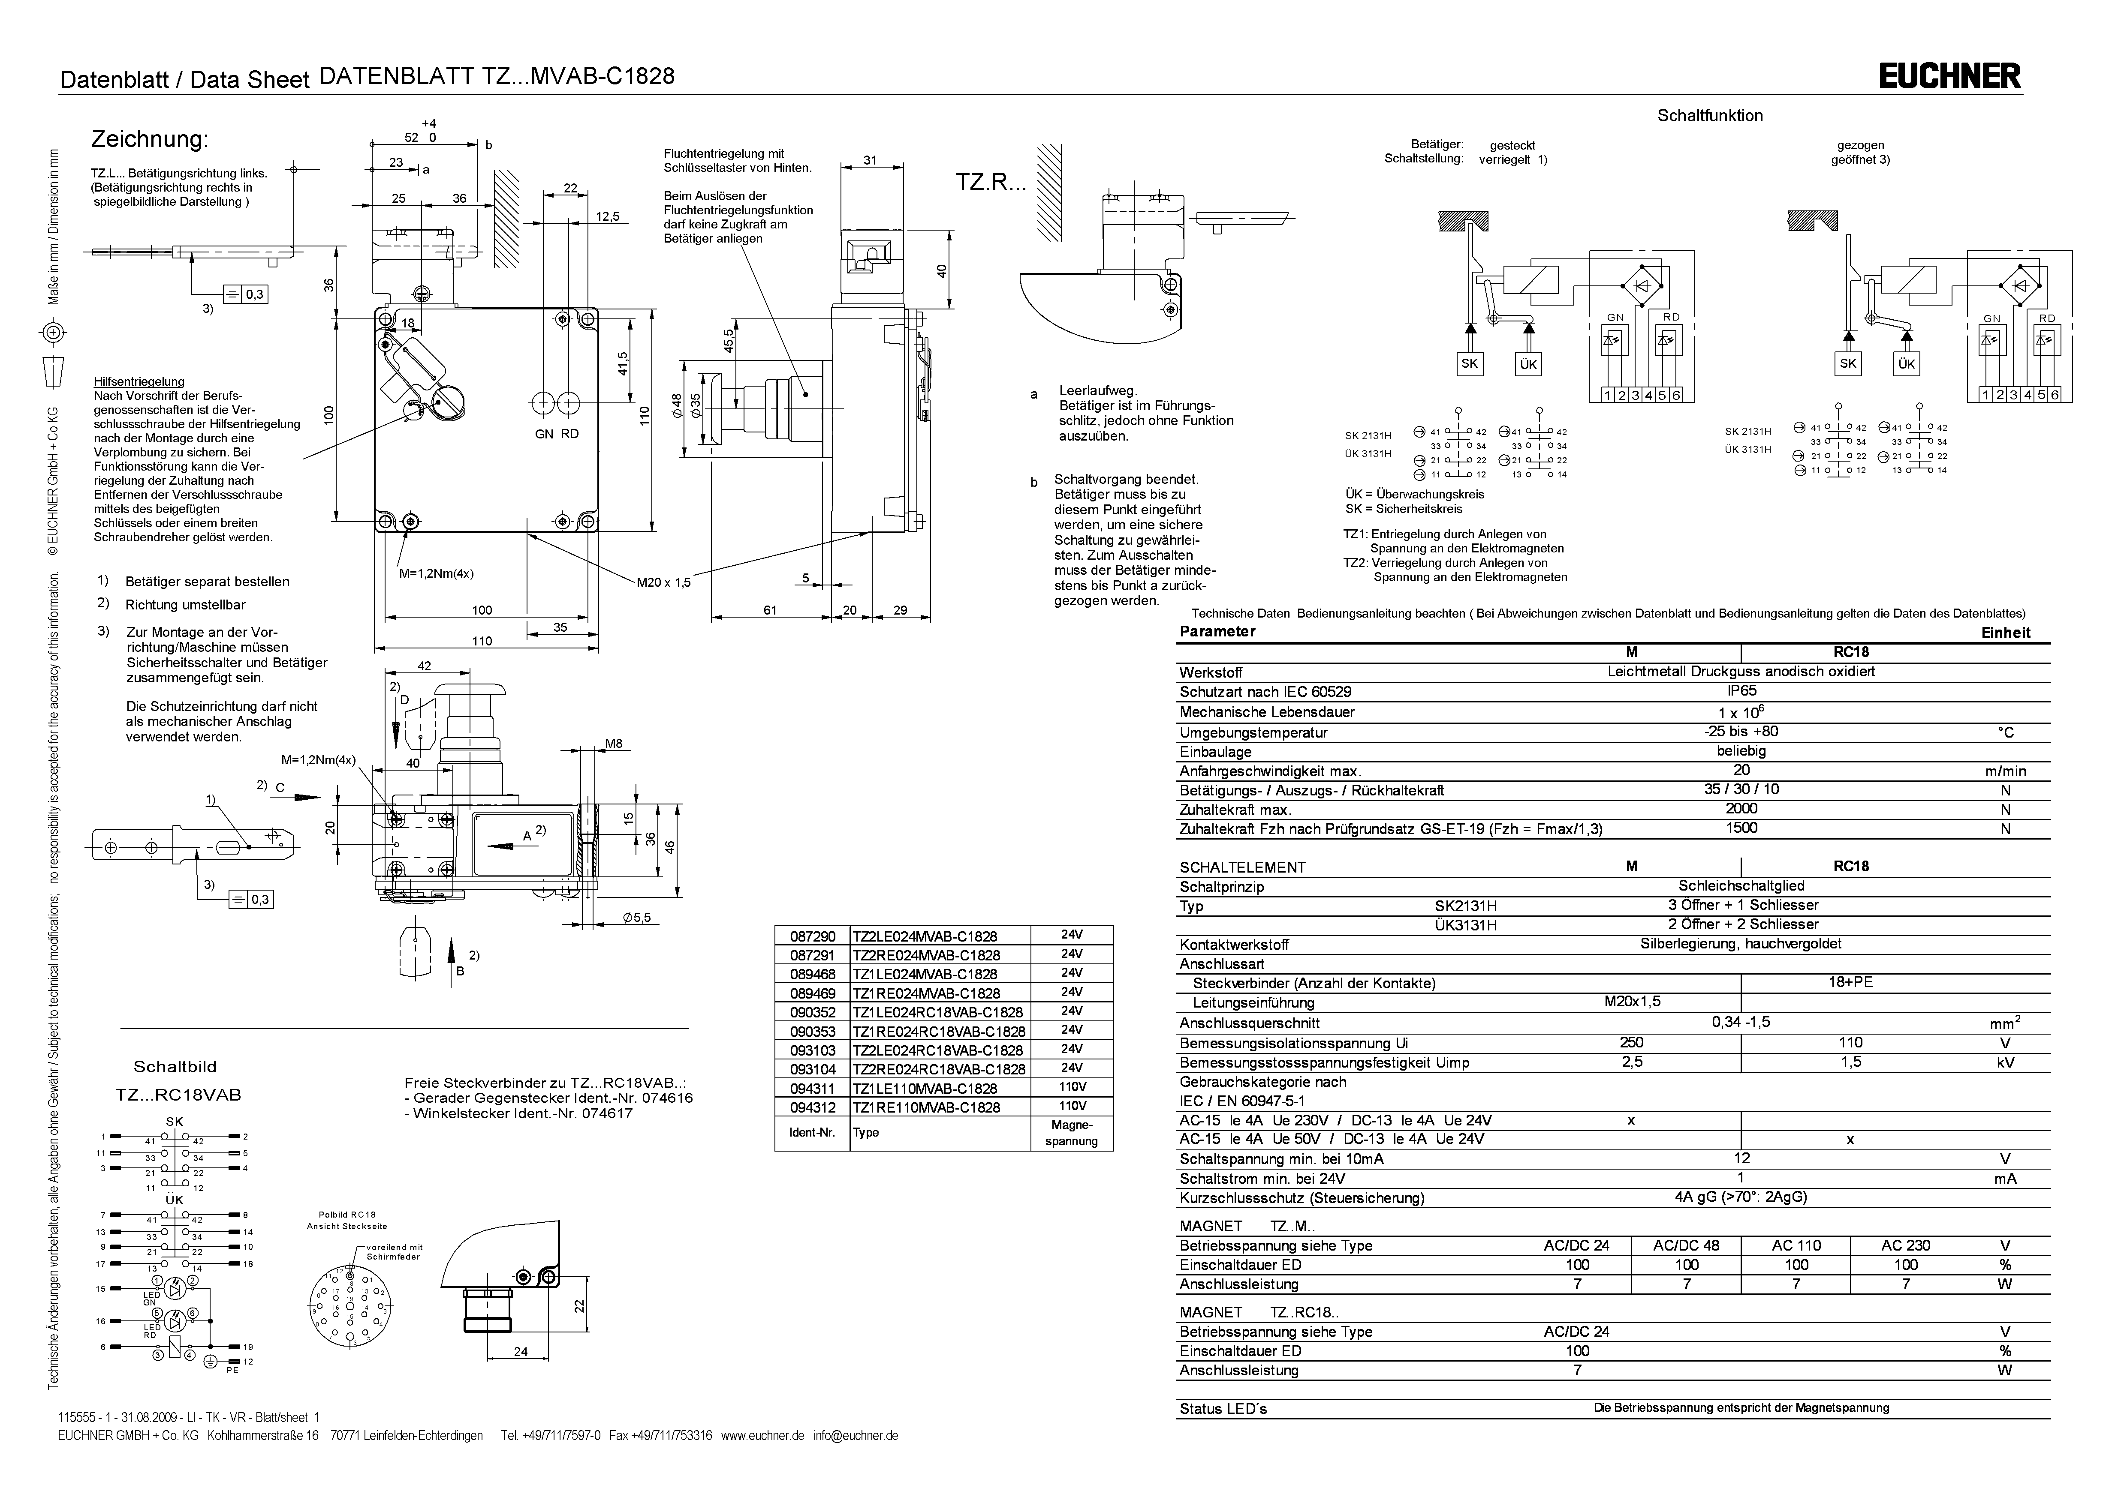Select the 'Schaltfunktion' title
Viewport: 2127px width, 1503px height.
pos(1709,116)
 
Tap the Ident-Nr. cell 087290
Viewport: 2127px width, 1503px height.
pos(811,936)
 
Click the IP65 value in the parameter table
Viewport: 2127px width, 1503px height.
pos(1741,691)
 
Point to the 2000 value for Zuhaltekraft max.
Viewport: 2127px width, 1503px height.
pos(1741,808)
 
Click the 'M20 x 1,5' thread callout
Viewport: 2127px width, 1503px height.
pos(663,582)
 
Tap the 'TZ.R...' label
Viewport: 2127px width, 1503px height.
pos(991,183)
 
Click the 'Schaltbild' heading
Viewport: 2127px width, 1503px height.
pos(175,1067)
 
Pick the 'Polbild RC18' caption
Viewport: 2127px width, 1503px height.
pos(347,1214)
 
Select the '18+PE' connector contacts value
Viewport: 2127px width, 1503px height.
pos(1850,983)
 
